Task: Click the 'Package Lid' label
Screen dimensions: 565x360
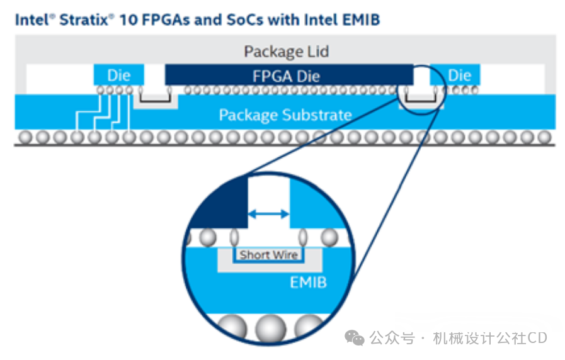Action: [287, 52]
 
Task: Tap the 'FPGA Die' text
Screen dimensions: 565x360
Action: [286, 76]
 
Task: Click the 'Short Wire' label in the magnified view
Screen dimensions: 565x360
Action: [269, 254]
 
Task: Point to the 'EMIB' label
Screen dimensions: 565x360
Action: [309, 283]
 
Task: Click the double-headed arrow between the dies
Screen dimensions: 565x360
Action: [268, 214]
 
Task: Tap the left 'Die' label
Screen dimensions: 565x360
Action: [118, 76]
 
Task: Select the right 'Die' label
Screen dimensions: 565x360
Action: [459, 76]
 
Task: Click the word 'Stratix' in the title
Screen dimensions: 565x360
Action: [84, 20]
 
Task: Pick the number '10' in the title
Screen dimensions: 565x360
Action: [128, 20]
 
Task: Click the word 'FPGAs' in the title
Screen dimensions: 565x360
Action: [166, 20]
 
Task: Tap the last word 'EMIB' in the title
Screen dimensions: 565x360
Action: [361, 20]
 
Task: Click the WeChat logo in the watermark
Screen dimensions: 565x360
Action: [355, 338]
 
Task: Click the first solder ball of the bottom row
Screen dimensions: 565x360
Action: [26, 137]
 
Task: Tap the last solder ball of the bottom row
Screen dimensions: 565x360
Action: [544, 137]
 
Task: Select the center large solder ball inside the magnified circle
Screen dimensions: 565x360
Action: [271, 329]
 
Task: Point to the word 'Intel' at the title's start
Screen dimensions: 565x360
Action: [31, 20]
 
